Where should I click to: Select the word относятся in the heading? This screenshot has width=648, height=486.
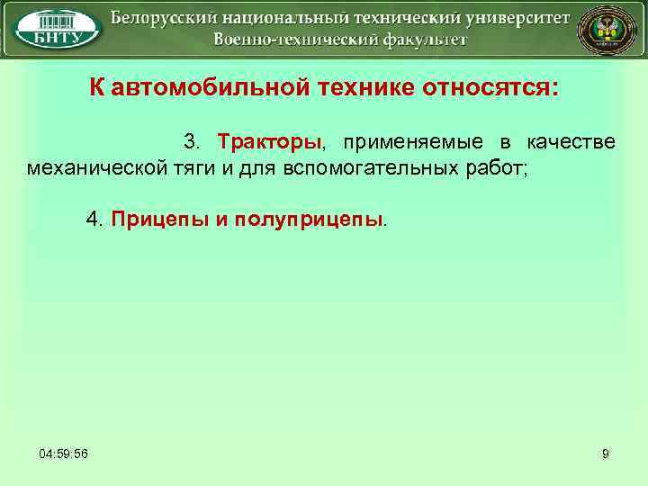pyautogui.click(x=491, y=88)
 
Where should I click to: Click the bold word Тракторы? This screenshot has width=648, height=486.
pyautogui.click(x=269, y=142)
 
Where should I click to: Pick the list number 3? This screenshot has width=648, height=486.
pyautogui.click(x=192, y=142)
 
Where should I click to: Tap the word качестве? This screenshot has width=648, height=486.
pyautogui.click(x=571, y=142)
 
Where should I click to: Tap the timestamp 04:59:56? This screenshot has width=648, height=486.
pyautogui.click(x=63, y=454)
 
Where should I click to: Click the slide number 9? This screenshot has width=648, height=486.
pyautogui.click(x=606, y=454)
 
